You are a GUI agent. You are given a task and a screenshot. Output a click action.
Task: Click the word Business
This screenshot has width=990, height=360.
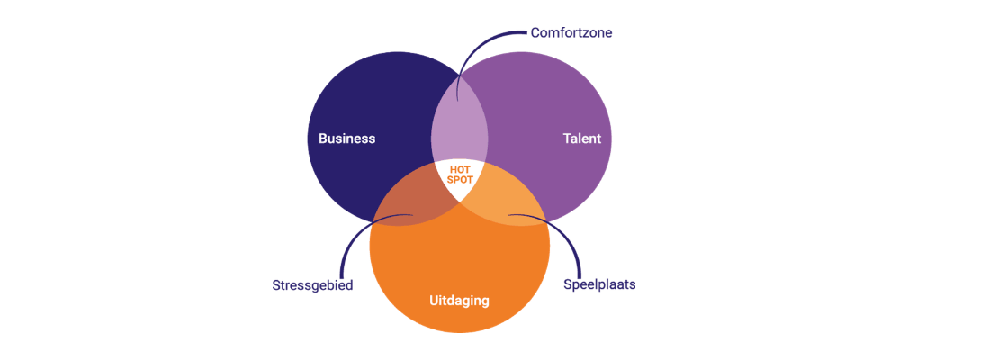[346, 139]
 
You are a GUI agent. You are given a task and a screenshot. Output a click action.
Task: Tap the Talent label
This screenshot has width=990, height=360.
[581, 139]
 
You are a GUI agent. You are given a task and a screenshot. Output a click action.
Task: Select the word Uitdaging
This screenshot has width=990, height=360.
[459, 301]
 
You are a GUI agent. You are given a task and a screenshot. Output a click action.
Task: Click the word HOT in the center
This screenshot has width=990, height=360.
[459, 169]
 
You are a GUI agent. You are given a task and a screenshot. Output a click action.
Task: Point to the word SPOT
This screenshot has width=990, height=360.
[459, 180]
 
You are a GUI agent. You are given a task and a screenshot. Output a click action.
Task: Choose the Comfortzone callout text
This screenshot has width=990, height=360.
[571, 32]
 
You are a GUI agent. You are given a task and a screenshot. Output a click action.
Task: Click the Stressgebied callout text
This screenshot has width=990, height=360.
[312, 284]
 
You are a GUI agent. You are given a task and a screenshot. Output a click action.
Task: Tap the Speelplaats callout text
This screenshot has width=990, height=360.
[599, 284]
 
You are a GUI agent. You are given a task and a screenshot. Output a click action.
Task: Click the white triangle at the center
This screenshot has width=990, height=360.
[459, 177]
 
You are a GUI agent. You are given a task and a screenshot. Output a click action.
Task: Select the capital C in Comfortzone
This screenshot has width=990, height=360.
[535, 32]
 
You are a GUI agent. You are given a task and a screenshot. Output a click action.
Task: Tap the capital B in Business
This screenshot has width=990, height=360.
[323, 139]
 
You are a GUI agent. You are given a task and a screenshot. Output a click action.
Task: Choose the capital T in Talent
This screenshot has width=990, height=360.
[567, 139]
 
